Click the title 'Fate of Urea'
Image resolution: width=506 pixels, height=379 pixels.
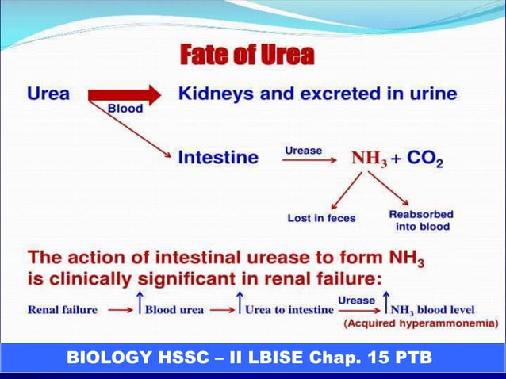pyautogui.click(x=247, y=56)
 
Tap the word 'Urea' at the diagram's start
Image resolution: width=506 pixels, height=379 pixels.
pyautogui.click(x=48, y=94)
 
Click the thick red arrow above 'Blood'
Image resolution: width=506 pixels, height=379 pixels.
pyautogui.click(x=125, y=94)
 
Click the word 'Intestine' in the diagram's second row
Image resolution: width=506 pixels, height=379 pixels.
pyautogui.click(x=218, y=157)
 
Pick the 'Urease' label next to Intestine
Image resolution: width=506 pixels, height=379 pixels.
pyautogui.click(x=304, y=150)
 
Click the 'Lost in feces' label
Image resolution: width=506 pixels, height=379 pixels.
pyautogui.click(x=321, y=218)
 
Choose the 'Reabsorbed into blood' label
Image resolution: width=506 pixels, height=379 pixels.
pyautogui.click(x=421, y=220)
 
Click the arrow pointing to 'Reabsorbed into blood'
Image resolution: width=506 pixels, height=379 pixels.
pyautogui.click(x=389, y=191)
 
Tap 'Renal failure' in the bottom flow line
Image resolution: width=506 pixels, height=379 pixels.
pyautogui.click(x=63, y=309)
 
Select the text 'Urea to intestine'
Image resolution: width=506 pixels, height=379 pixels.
pyautogui.click(x=289, y=309)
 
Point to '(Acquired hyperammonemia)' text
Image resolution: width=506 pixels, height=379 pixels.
pyautogui.click(x=420, y=323)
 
